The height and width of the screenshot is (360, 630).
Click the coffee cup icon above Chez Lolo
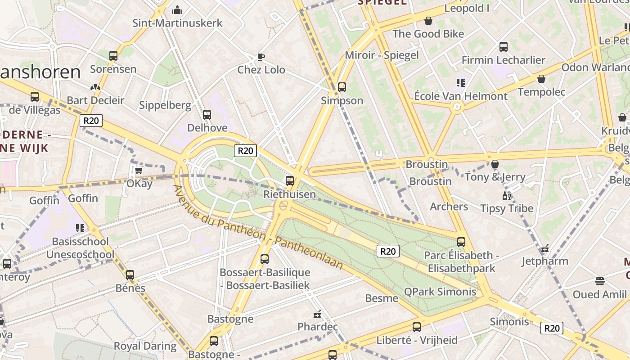(x=261, y=57)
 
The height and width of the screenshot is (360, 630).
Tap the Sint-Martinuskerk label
(x=177, y=23)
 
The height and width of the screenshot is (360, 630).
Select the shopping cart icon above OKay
(x=139, y=170)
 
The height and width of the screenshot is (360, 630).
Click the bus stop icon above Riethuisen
(x=290, y=181)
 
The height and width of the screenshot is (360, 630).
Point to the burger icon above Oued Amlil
(x=599, y=281)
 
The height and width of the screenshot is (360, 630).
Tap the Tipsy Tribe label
(x=507, y=208)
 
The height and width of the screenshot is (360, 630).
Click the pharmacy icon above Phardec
(x=317, y=314)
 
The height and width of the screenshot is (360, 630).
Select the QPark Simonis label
(x=440, y=292)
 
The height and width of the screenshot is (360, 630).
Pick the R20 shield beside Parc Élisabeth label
(x=387, y=251)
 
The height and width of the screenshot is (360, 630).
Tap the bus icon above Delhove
(x=207, y=114)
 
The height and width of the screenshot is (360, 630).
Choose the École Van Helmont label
(x=460, y=96)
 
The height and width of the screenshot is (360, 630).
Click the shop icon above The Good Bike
(x=428, y=21)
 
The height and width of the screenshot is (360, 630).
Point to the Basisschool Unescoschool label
(x=80, y=248)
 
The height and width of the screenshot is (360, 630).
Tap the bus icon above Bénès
(x=130, y=274)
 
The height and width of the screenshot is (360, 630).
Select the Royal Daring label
(x=145, y=346)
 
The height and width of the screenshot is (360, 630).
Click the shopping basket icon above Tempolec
(x=541, y=79)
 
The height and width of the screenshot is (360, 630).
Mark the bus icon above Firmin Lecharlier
(x=504, y=46)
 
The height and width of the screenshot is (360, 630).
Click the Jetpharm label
(x=544, y=261)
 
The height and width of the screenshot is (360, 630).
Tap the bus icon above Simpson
(x=342, y=87)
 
